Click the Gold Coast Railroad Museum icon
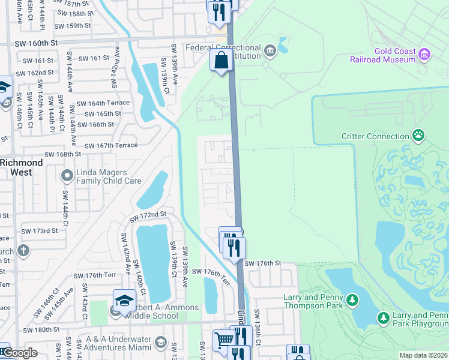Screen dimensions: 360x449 click(x=425, y=55)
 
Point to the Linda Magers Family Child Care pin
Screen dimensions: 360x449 click(x=67, y=176)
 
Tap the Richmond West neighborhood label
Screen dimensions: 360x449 click(x=22, y=167)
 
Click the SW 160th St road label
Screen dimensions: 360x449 click(x=37, y=43)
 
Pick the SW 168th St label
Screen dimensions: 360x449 click(x=59, y=154)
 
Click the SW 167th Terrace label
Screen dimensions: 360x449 click(x=111, y=146)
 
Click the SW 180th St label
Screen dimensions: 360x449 click(x=44, y=330)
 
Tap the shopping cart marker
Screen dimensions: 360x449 click(x=224, y=340)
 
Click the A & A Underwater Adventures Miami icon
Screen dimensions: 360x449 click(x=160, y=342)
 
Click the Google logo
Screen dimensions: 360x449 click(x=19, y=353)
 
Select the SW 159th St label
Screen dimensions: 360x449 click(x=72, y=26)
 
